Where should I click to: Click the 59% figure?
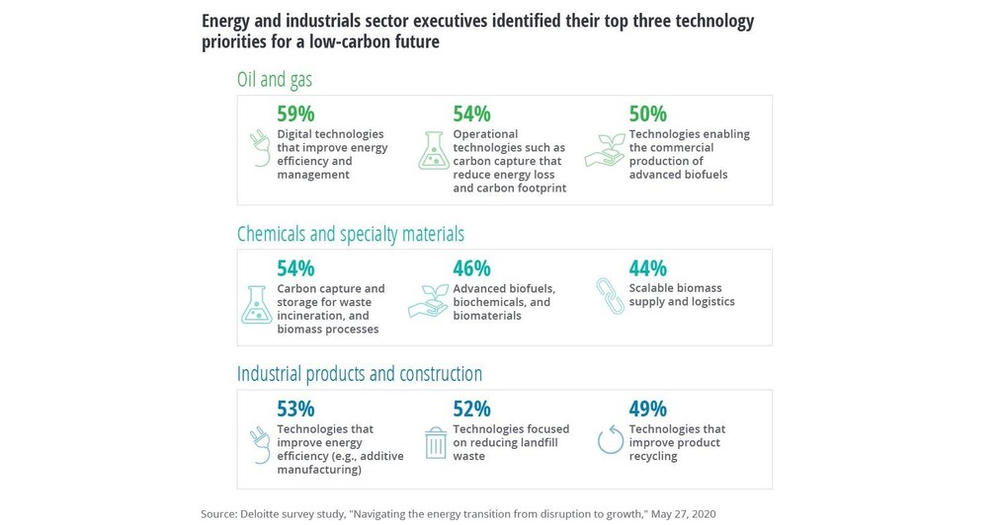click(x=295, y=114)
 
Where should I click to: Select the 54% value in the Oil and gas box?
click(x=471, y=114)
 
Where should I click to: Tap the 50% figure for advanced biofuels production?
click(x=647, y=114)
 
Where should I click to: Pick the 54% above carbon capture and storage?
click(x=295, y=268)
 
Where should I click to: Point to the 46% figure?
click(x=471, y=268)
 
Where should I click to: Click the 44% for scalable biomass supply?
click(x=647, y=268)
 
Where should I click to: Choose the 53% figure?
click(x=295, y=409)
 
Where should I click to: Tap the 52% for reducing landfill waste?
click(x=471, y=409)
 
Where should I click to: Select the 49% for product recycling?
click(x=647, y=409)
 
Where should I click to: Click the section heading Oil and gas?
click(x=275, y=79)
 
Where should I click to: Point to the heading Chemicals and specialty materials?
click(x=350, y=234)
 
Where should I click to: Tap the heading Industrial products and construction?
click(x=360, y=374)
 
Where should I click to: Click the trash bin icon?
click(x=435, y=443)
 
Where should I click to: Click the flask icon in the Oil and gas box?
click(x=433, y=150)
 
